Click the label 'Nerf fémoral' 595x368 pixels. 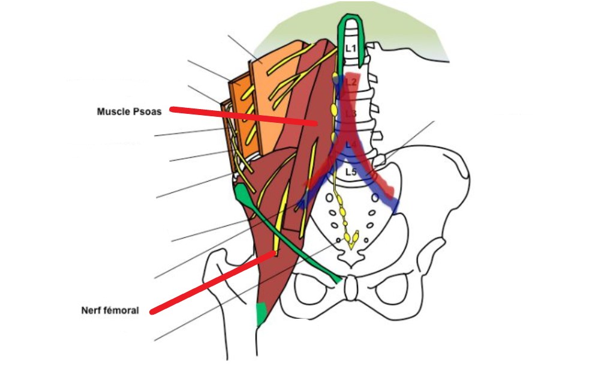110,310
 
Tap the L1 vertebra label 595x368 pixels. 351,47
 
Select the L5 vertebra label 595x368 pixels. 351,173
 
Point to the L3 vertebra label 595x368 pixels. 351,113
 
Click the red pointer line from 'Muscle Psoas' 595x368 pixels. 240,116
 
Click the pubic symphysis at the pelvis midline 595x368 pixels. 351,288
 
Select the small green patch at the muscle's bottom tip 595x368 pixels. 261,313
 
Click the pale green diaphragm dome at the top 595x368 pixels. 408,36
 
